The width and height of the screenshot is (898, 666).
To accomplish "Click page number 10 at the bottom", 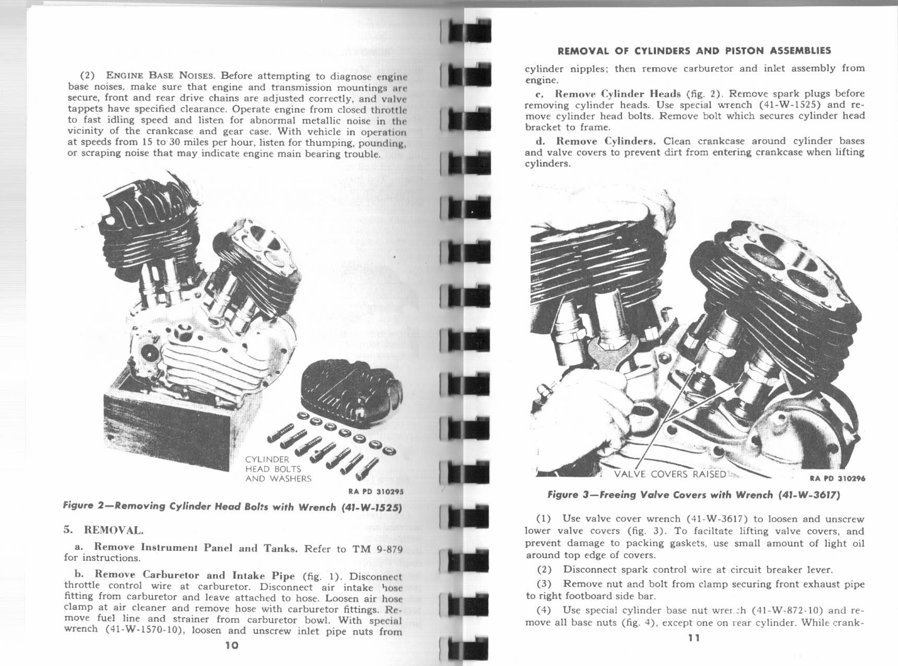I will (232, 645).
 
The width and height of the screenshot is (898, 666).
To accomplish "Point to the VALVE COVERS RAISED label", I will (669, 474).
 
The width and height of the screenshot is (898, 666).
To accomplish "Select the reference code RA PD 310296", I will (837, 479).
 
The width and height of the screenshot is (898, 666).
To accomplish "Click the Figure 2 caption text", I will (233, 507).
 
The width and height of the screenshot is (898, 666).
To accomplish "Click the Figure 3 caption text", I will (694, 495).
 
